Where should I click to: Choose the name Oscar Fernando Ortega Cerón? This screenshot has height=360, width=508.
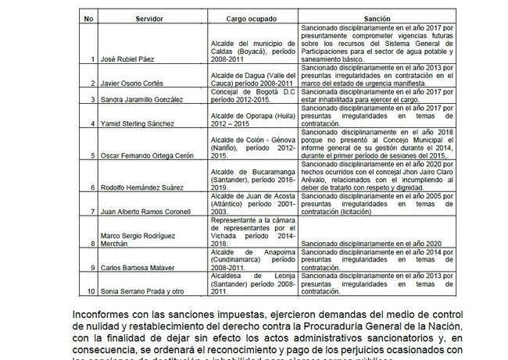point(149,155)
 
